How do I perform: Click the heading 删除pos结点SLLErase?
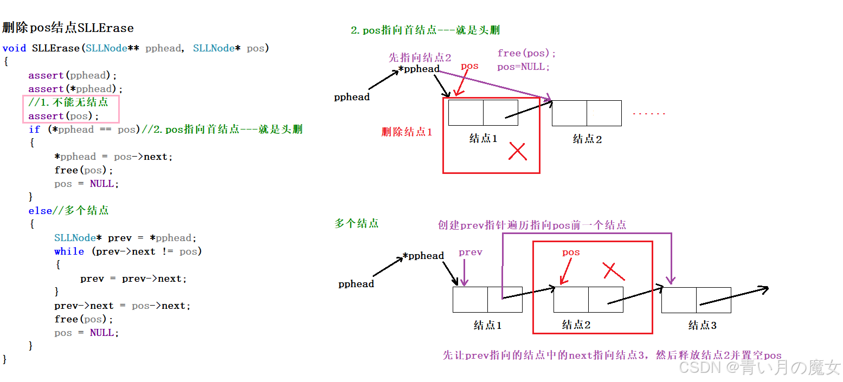coord(68,28)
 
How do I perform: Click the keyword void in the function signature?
coord(14,48)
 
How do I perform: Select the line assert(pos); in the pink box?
coord(64,116)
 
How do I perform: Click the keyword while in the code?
coord(69,251)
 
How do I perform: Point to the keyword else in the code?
coord(40,211)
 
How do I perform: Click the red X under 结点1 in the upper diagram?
coord(518,152)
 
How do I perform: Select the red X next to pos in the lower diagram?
coord(614,271)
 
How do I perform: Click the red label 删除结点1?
coord(407,132)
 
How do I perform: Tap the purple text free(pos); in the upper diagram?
coord(526,53)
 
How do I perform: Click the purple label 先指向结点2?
coord(420,57)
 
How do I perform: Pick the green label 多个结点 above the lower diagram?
coord(356,223)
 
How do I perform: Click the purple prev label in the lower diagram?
coord(470,252)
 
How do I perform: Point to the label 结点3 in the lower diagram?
coord(702,326)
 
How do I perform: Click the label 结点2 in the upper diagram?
coord(588,139)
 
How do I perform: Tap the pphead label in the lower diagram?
coord(356,284)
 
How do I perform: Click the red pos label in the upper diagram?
coord(469,66)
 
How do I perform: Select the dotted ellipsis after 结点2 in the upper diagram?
coord(648,114)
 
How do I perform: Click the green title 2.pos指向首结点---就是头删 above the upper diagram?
coord(425,30)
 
